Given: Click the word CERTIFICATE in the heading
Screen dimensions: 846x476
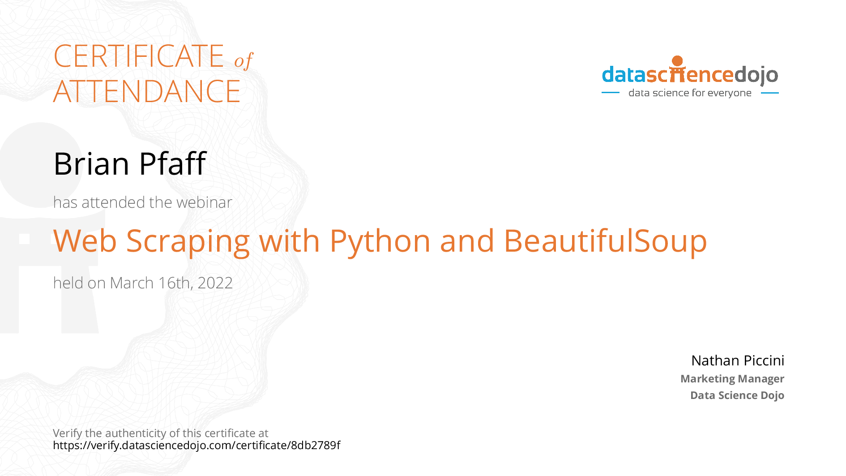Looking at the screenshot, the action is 139,56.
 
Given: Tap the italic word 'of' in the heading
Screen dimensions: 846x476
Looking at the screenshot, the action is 244,60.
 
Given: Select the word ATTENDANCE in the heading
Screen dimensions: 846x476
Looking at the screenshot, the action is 147,91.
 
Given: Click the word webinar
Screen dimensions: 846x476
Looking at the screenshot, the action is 204,202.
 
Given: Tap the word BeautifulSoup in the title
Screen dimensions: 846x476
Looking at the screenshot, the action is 605,241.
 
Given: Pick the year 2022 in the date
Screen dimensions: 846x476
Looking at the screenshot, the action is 215,283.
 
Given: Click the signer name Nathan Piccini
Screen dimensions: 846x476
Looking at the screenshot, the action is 738,360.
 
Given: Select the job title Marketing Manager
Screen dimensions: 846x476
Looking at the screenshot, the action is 732,379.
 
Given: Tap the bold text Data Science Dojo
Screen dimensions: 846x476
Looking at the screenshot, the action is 737,395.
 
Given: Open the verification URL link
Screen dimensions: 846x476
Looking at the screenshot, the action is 197,446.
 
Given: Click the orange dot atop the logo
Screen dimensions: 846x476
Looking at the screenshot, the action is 677,61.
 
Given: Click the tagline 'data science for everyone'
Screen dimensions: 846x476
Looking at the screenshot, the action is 690,93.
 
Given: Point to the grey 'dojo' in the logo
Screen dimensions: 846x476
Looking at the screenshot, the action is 756,75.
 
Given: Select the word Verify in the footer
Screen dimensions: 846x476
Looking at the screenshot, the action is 68,433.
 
